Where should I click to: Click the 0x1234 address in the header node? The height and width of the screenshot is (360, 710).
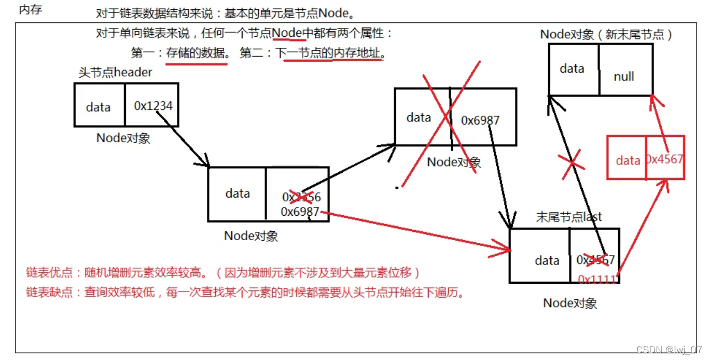(153, 106)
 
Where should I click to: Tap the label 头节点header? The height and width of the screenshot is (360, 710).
(115, 72)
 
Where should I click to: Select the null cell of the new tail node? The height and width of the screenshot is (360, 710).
(624, 76)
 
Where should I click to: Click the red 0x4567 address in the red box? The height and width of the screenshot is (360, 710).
(664, 159)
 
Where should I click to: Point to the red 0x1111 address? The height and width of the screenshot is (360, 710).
(598, 279)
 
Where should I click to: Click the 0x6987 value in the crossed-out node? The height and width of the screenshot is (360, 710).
(480, 120)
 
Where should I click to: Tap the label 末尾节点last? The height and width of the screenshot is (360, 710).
(569, 217)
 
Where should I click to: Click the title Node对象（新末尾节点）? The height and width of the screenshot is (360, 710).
(606, 35)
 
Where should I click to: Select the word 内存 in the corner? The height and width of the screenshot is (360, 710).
(30, 10)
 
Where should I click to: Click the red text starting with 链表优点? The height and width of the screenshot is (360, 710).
(223, 272)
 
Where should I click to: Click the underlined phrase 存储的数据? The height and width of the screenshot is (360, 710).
(196, 53)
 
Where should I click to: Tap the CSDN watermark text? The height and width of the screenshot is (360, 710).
(669, 350)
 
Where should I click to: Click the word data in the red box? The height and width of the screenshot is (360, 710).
(628, 160)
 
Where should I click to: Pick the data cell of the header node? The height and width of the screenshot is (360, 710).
(99, 107)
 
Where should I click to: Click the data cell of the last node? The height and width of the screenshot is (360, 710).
(547, 260)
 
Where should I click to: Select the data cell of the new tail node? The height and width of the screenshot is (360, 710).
(572, 68)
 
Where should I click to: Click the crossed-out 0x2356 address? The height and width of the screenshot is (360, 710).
(301, 197)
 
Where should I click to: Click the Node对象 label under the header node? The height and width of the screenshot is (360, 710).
(123, 138)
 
